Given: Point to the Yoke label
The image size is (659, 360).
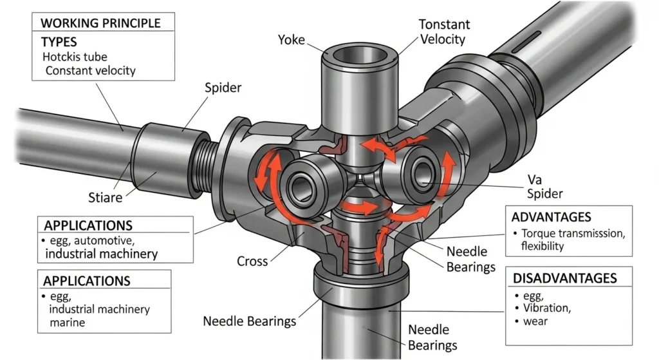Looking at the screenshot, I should coord(292,40).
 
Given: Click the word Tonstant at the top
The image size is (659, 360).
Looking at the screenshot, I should coord(444,24).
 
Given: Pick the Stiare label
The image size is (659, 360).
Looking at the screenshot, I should coord(106,196).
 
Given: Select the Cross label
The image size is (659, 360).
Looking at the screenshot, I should coord(252,261).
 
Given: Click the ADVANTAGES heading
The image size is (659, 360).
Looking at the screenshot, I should coord(552,216).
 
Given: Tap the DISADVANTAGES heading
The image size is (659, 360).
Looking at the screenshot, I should coord(564,278).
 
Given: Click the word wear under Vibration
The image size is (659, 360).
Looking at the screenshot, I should coord(535,321).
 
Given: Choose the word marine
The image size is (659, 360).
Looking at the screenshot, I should coord(67,323).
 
